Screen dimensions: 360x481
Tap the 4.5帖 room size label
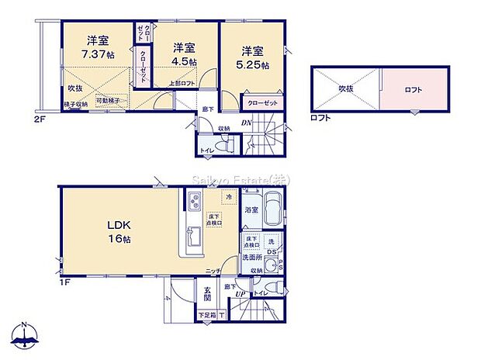(x=184, y=61)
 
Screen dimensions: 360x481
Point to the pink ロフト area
(x=414, y=90)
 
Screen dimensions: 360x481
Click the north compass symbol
(x=26, y=336)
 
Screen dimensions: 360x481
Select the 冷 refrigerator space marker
(x=228, y=199)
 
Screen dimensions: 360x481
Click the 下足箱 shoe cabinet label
(x=206, y=315)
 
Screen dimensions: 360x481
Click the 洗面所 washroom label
(x=252, y=257)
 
